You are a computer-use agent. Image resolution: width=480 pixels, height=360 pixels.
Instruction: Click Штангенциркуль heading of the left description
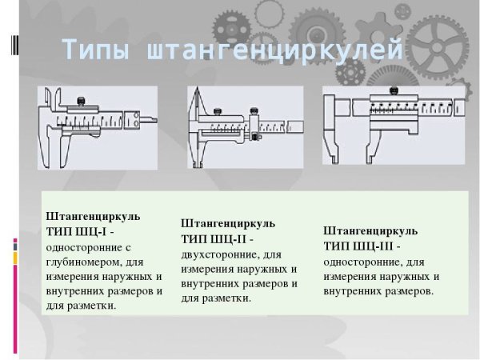(x=94, y=216)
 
